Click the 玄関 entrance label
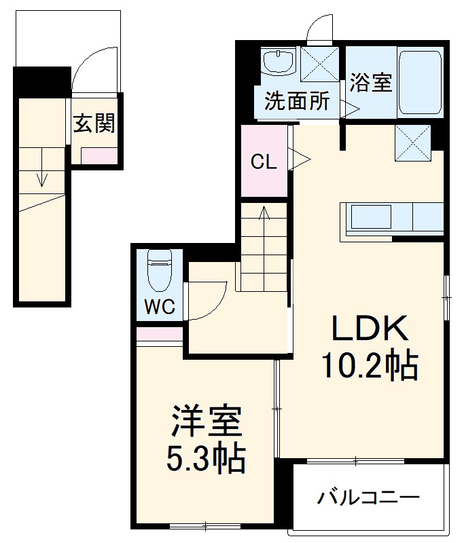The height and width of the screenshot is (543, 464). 94,124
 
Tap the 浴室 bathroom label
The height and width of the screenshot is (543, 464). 370,83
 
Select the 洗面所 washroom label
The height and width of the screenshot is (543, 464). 296,102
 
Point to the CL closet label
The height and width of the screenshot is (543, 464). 263,162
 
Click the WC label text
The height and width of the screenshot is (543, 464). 159,307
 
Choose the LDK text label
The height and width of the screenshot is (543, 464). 369,330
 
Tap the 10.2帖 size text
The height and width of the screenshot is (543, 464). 369,367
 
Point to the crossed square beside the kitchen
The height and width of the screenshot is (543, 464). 412,143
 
